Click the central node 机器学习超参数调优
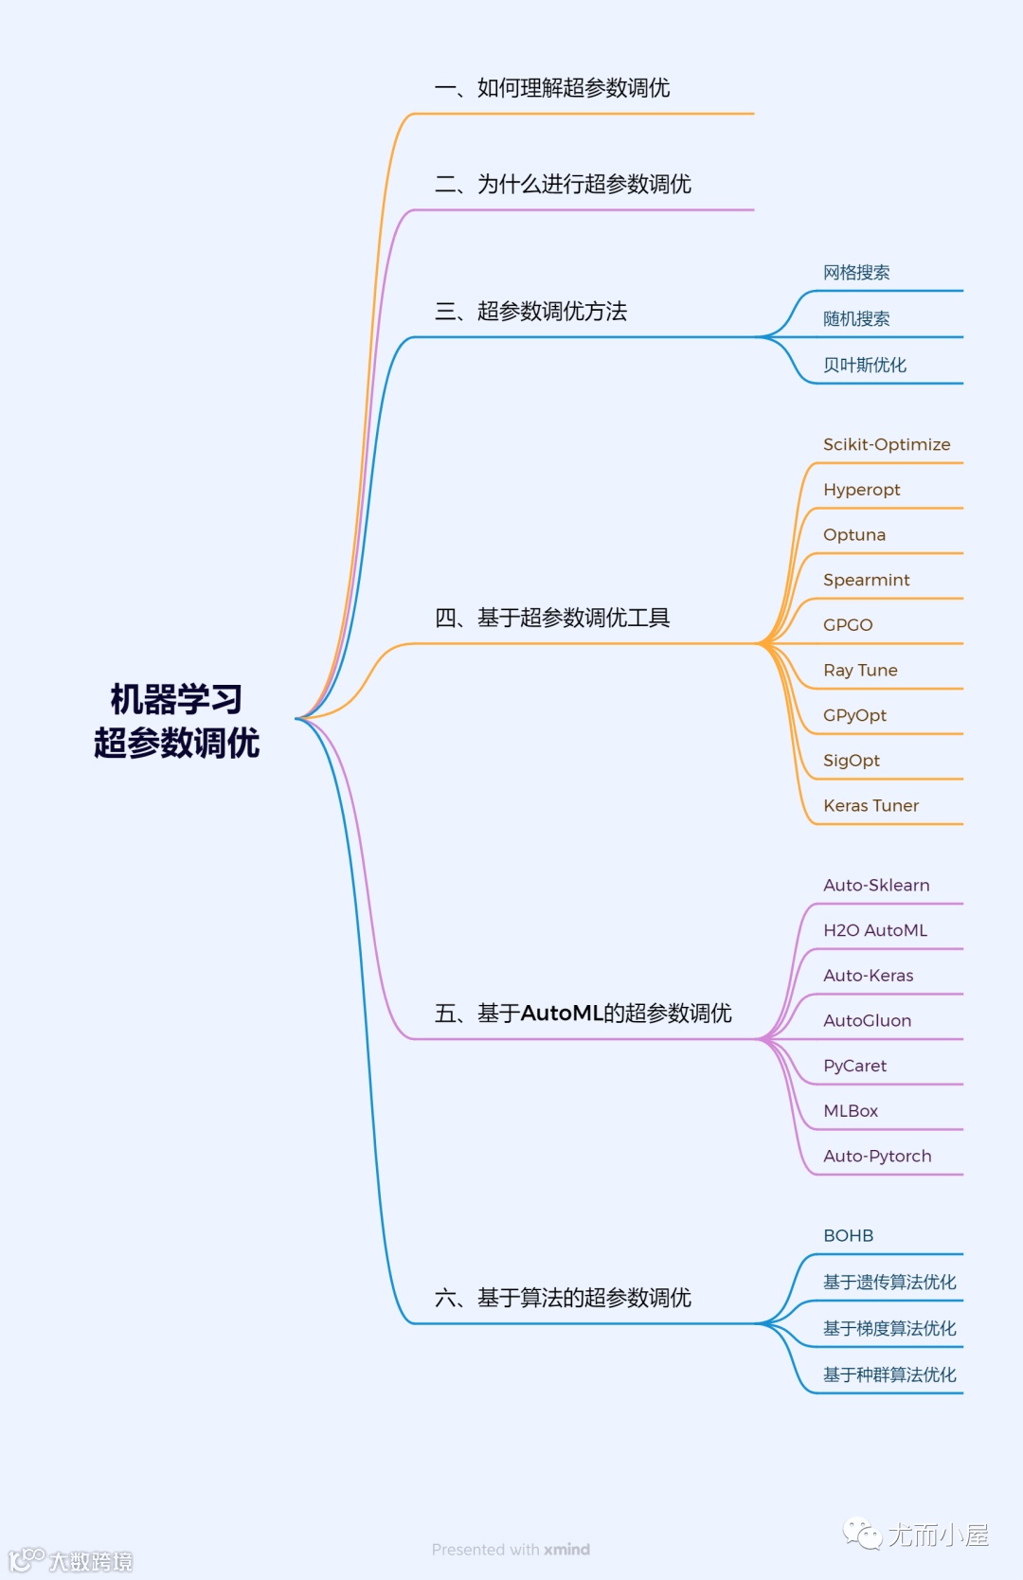coord(176,721)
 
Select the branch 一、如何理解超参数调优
coord(552,88)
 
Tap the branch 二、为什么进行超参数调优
coord(563,184)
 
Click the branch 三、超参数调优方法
coord(530,312)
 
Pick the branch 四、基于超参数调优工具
coord(552,619)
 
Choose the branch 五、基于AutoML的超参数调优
coord(583,1014)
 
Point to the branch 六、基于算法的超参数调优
coord(563,1298)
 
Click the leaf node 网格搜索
coord(856,273)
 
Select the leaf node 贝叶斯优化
coord(864,366)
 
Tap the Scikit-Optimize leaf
coord(887,444)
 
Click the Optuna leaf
coord(854,535)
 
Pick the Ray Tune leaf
coord(860,671)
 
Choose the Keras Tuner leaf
coord(870,806)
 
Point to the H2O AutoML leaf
coord(875,930)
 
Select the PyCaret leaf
coord(854,1066)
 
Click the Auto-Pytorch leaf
coord(877,1157)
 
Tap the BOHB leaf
coord(848,1236)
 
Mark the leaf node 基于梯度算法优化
coord(889,1329)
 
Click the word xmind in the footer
coord(567,1550)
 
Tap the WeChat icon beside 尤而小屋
coord(862,1534)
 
